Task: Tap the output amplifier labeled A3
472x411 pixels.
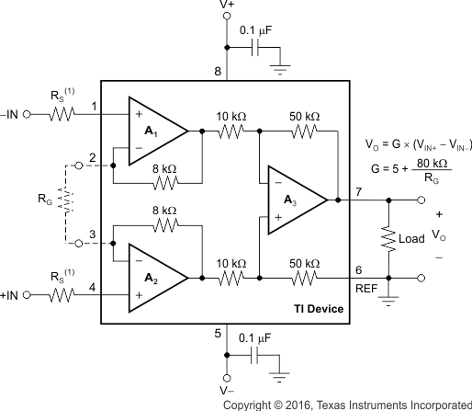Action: [295, 200]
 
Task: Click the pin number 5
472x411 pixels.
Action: [218, 334]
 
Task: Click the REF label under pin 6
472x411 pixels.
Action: [366, 287]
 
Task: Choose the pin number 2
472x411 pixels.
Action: [93, 156]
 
